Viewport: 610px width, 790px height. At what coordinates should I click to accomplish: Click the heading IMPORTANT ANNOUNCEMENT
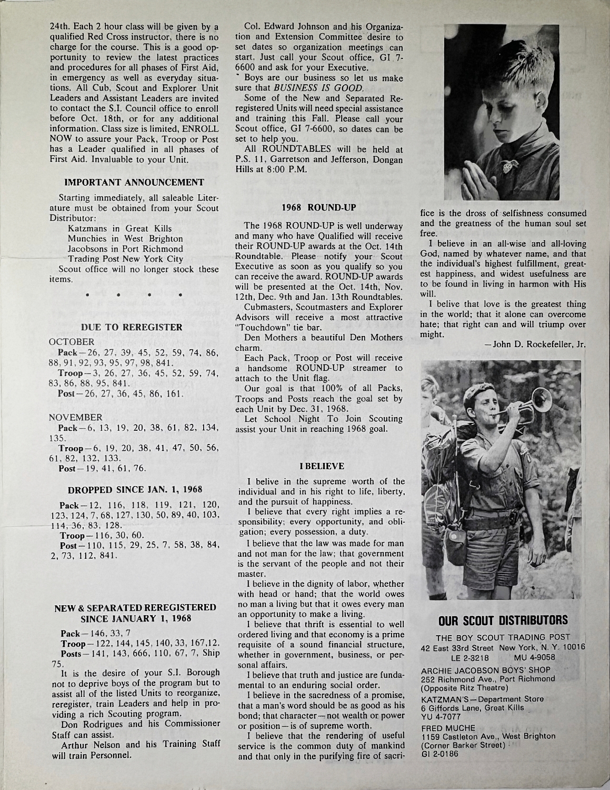point(134,183)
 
